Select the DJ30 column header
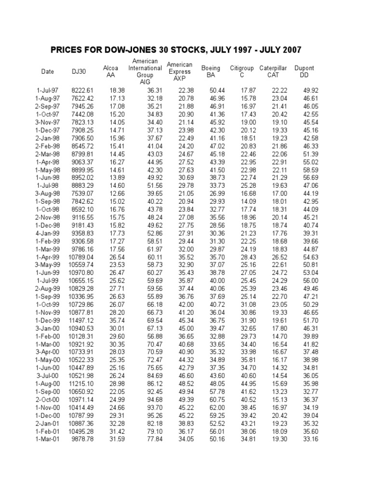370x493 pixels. pyautogui.click(x=79, y=72)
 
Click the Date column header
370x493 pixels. pyautogui.click(x=48, y=72)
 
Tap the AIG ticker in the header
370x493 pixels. pyautogui.click(x=145, y=82)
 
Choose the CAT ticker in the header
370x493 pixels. pyautogui.click(x=273, y=75)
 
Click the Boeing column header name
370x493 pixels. pyautogui.click(x=211, y=68)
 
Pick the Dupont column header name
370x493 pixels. pyautogui.click(x=304, y=68)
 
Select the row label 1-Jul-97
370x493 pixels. pyautogui.click(x=47, y=91)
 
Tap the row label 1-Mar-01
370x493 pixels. pyautogui.click(x=47, y=439)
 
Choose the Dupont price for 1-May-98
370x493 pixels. pyautogui.click(x=311, y=170)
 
